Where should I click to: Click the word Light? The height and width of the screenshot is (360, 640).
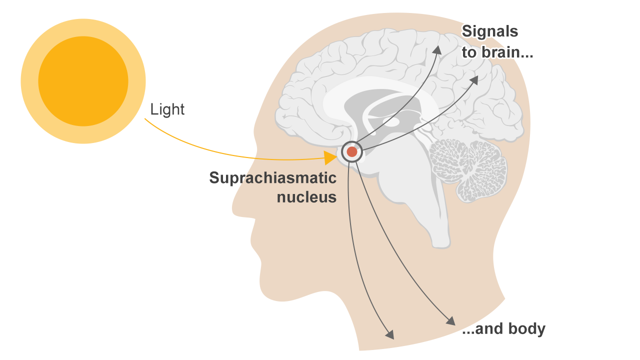tap(167, 109)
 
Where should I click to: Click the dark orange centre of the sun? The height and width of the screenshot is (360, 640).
tap(83, 81)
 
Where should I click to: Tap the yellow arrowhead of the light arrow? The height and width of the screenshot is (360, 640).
tap(330, 158)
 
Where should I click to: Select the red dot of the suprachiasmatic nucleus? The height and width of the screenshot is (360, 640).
tap(352, 151)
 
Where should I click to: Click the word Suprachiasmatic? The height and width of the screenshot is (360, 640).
tap(272, 178)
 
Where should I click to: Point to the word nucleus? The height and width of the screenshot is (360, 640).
tap(306, 197)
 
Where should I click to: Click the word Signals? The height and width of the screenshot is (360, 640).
tap(489, 31)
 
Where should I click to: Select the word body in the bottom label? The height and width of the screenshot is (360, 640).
tap(526, 329)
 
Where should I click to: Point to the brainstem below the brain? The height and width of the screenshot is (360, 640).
tap(430, 220)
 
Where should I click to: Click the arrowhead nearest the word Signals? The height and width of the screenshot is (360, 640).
tap(438, 48)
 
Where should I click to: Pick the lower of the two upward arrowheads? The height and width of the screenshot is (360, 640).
tap(473, 79)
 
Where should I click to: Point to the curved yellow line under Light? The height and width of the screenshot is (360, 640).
tap(225, 150)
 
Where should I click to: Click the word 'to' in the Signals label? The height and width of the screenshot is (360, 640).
tap(468, 52)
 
